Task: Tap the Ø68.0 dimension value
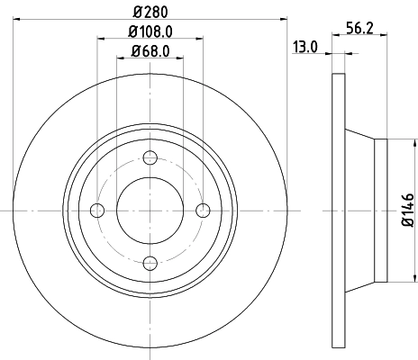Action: point(150,50)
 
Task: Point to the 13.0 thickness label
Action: point(304,47)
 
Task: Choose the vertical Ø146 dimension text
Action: point(406,209)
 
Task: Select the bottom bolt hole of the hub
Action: point(150,262)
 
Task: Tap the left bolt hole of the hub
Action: point(98,210)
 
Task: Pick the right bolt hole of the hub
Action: point(203,210)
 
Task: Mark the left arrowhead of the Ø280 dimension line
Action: point(20,17)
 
